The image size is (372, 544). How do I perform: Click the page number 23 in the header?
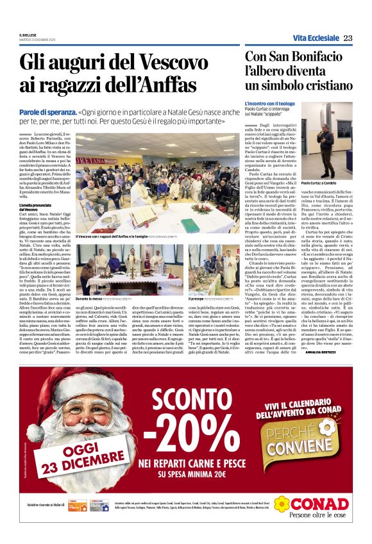(348, 38)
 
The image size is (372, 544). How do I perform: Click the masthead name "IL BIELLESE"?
(28, 35)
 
